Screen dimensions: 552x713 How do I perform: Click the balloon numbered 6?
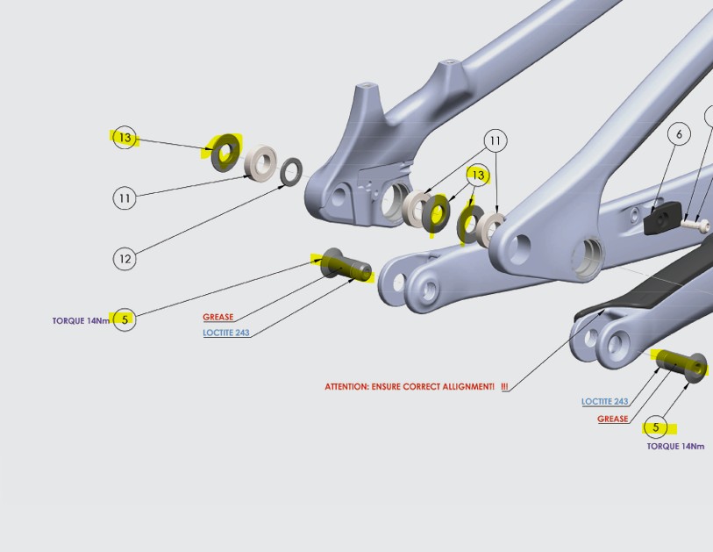click(x=679, y=133)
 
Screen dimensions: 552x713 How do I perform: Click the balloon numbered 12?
click(x=125, y=258)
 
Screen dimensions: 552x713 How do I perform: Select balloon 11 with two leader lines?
click(x=496, y=140)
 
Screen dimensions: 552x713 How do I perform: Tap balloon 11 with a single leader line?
click(x=125, y=198)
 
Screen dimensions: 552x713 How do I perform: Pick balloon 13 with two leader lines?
click(x=477, y=176)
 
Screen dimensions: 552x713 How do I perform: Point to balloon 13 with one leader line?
click(x=125, y=138)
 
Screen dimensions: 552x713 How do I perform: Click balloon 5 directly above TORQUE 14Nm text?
click(x=655, y=427)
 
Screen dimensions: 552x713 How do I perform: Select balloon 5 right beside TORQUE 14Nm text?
click(x=125, y=319)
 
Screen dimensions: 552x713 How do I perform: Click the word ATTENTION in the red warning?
click(x=346, y=387)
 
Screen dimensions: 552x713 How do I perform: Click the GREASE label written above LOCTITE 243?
click(x=218, y=317)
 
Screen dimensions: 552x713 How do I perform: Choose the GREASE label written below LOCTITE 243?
click(x=613, y=419)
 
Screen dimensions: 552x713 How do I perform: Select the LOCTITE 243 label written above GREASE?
click(x=604, y=402)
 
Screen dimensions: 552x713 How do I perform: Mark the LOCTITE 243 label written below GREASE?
click(x=225, y=333)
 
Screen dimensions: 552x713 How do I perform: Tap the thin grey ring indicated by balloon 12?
click(x=291, y=172)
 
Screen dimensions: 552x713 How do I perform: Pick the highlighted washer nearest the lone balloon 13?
click(x=226, y=154)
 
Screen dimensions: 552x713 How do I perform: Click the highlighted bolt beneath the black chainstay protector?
click(x=682, y=364)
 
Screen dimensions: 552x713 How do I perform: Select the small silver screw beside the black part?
click(x=696, y=224)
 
